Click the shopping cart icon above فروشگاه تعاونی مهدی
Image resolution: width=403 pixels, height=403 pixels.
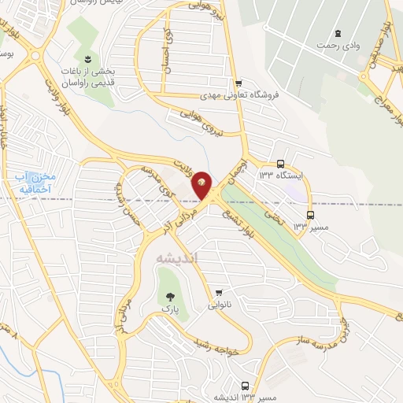(238, 82)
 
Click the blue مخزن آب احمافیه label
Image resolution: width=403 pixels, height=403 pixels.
(33, 183)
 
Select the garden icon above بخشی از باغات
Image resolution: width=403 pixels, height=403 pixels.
(87, 60)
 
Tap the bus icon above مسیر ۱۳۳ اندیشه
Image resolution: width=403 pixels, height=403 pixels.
(246, 386)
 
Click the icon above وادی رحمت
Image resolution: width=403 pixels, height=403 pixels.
(338, 33)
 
